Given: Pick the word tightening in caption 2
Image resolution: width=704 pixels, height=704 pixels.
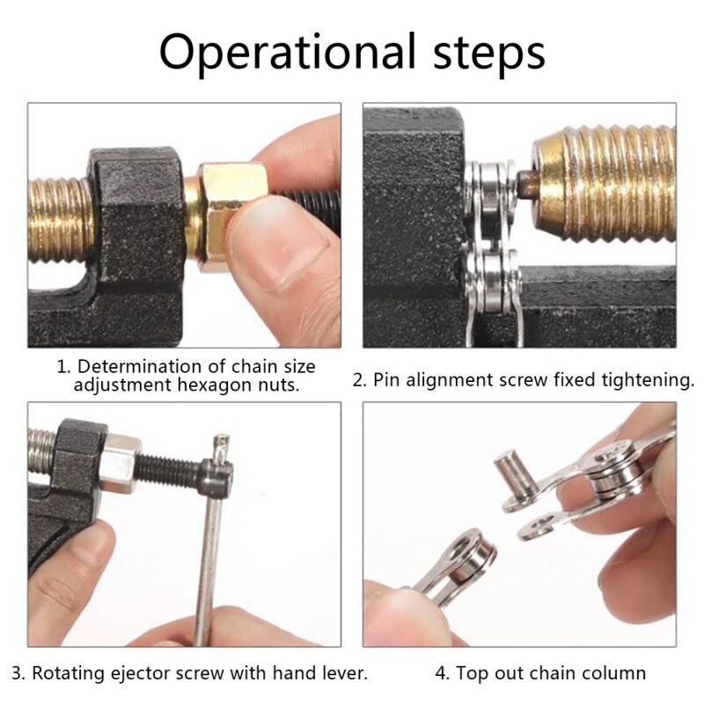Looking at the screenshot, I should coord(648,380).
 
